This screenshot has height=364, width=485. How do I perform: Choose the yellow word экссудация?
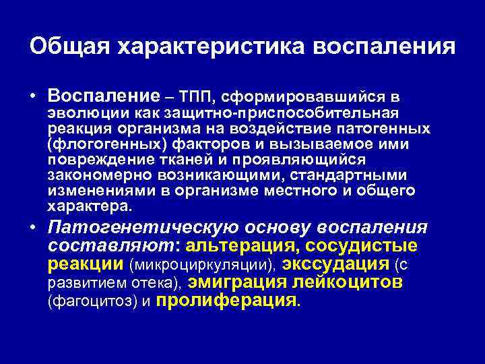(336, 263)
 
